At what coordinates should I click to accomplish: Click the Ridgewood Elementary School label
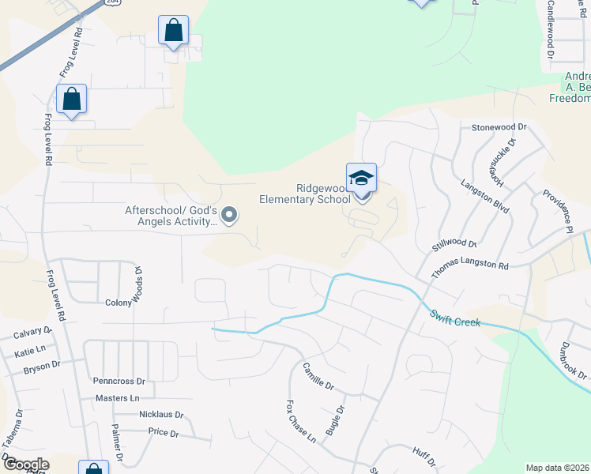tap(305, 194)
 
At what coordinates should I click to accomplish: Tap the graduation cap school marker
tap(361, 179)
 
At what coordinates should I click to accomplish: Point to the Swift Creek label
tap(457, 319)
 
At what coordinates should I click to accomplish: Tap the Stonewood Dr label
tap(499, 127)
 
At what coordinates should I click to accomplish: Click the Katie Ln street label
tap(30, 349)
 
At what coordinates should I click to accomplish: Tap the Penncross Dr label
tap(119, 381)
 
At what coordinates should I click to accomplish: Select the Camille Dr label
tap(318, 377)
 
